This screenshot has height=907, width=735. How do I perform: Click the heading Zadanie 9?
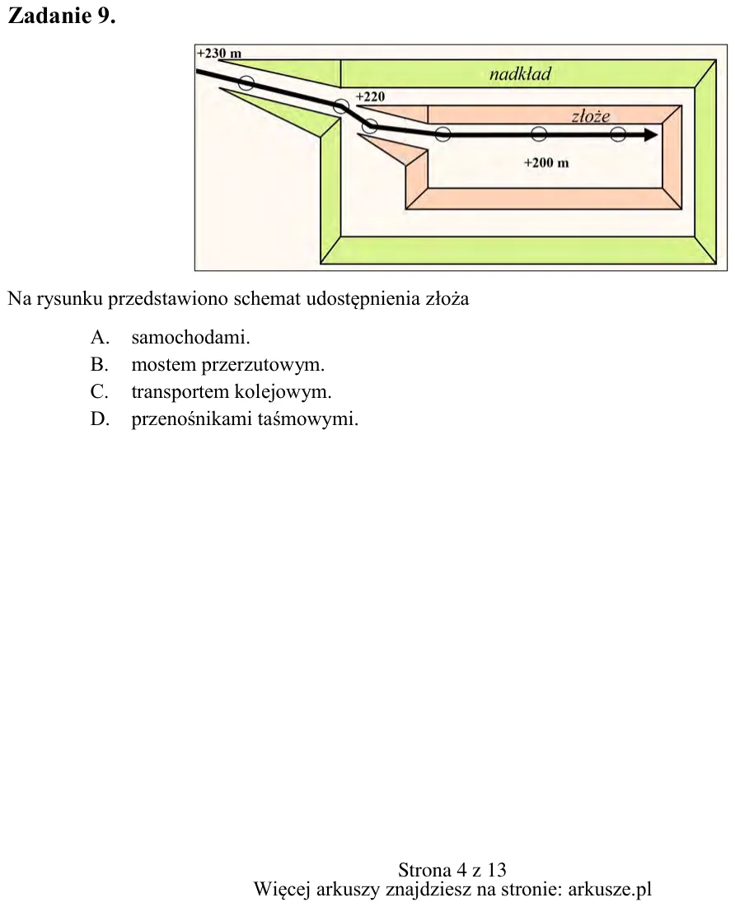62,16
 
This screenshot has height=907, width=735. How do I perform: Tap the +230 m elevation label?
219,54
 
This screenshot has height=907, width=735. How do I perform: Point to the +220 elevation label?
371,96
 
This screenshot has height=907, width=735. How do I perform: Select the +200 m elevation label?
546,162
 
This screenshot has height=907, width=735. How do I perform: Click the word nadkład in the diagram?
520,73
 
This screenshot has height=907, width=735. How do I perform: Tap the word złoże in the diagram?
591,116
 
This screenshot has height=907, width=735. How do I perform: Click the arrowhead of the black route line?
651,135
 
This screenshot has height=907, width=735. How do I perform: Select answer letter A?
100,337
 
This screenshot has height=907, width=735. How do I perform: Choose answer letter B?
100,364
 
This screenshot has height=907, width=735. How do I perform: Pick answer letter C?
100,391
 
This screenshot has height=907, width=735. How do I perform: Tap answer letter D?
100,418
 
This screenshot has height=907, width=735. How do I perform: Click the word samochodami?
191,337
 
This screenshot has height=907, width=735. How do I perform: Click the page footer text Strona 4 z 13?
452,870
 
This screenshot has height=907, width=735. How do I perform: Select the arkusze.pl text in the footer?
610,889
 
